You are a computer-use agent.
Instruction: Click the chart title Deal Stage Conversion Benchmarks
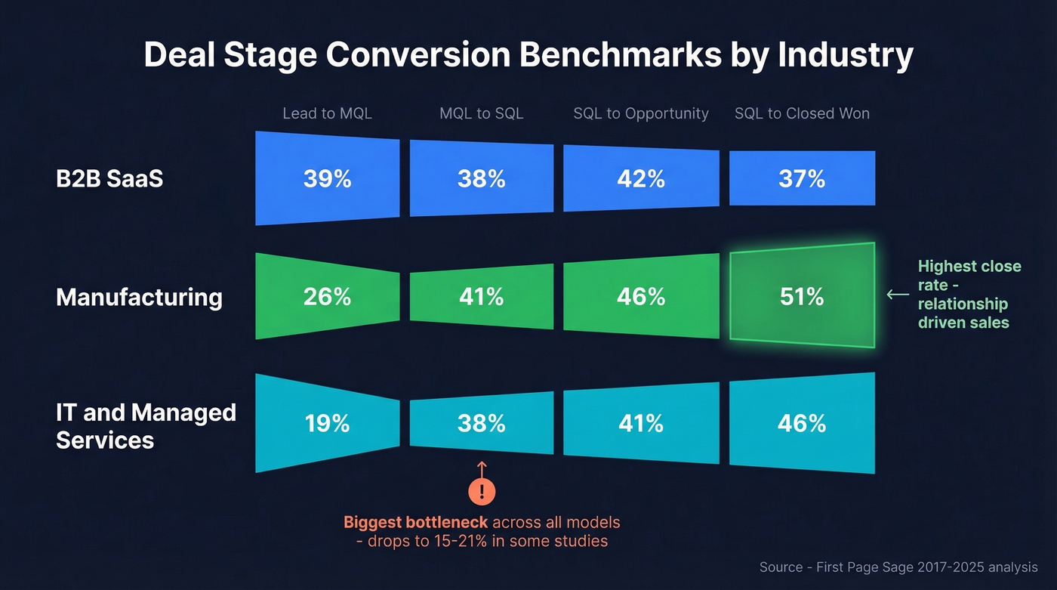pos(528,56)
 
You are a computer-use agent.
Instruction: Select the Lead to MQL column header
pos(327,113)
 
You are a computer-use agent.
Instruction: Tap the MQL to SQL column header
pos(481,113)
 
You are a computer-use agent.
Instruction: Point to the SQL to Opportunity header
pos(641,113)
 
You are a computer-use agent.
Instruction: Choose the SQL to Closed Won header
pos(802,113)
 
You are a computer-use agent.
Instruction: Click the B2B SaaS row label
pos(109,179)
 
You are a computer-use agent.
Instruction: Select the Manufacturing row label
pos(139,297)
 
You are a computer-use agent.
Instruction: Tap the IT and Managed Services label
pos(146,426)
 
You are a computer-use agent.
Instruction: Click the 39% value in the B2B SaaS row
pos(327,179)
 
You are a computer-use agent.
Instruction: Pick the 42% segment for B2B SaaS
pos(641,179)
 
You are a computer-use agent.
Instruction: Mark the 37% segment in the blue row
pos(802,179)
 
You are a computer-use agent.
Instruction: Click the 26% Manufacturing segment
pos(327,297)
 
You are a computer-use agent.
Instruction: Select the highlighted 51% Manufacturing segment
pos(802,297)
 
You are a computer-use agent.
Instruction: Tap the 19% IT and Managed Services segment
pos(327,424)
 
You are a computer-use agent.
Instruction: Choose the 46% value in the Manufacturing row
pos(641,297)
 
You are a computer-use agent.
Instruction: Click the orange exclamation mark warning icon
pos(482,492)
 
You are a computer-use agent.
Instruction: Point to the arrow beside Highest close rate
pos(897,295)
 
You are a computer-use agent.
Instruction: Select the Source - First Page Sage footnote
pos(898,567)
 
